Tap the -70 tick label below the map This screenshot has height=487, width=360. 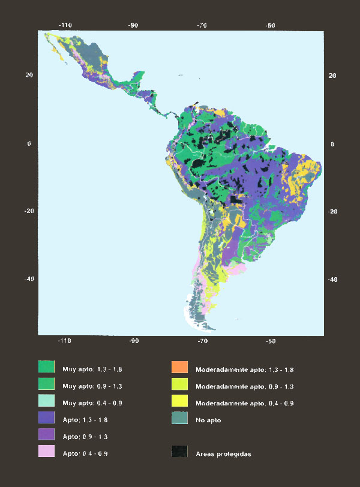pyautogui.click(x=202, y=341)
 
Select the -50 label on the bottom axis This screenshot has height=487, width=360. pyautogui.click(x=271, y=341)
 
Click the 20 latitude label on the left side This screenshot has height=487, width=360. pyautogui.click(x=28, y=75)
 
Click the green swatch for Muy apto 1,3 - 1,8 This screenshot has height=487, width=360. pyautogui.click(x=47, y=366)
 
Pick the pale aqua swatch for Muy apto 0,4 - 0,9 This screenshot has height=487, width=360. pyautogui.click(x=47, y=401)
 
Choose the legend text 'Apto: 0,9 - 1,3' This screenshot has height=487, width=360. pyautogui.click(x=86, y=437)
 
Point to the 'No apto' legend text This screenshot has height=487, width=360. pyautogui.click(x=208, y=420)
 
